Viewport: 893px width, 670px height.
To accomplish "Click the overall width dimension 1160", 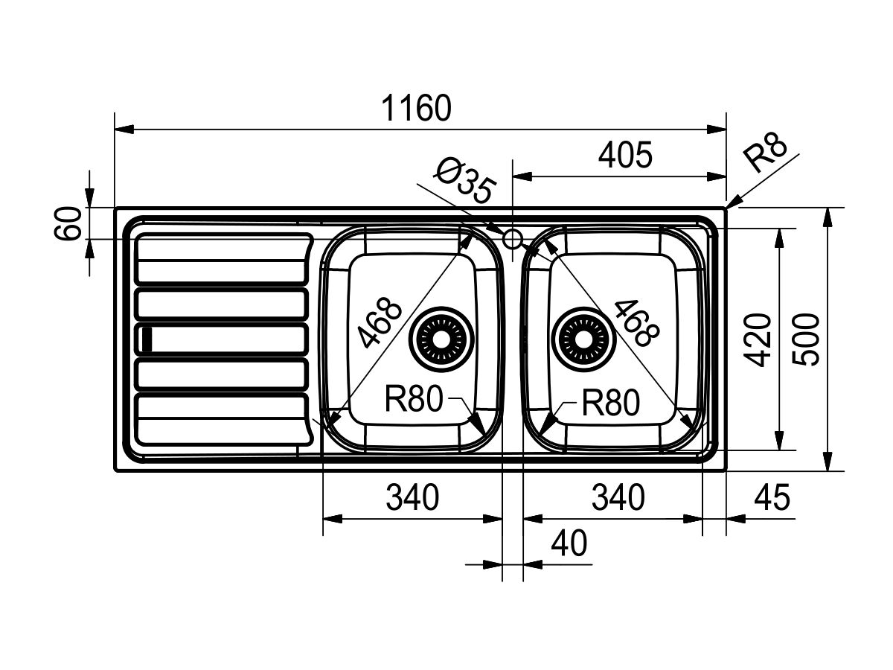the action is tap(417, 108).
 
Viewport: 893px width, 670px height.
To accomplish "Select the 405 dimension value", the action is tap(625, 155).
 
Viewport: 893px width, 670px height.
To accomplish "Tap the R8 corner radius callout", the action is tap(765, 153).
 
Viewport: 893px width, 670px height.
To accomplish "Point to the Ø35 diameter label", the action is tap(465, 181).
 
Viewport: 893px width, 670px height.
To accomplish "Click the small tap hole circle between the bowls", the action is tap(512, 239).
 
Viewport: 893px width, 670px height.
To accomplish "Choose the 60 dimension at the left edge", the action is tap(68, 223).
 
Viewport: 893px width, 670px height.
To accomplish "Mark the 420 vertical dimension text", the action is tap(758, 339).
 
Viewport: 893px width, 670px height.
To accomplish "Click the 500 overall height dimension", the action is tap(807, 339).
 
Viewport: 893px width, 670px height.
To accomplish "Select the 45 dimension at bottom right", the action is tap(772, 497).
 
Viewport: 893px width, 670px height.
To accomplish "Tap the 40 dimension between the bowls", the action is tap(569, 543).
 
